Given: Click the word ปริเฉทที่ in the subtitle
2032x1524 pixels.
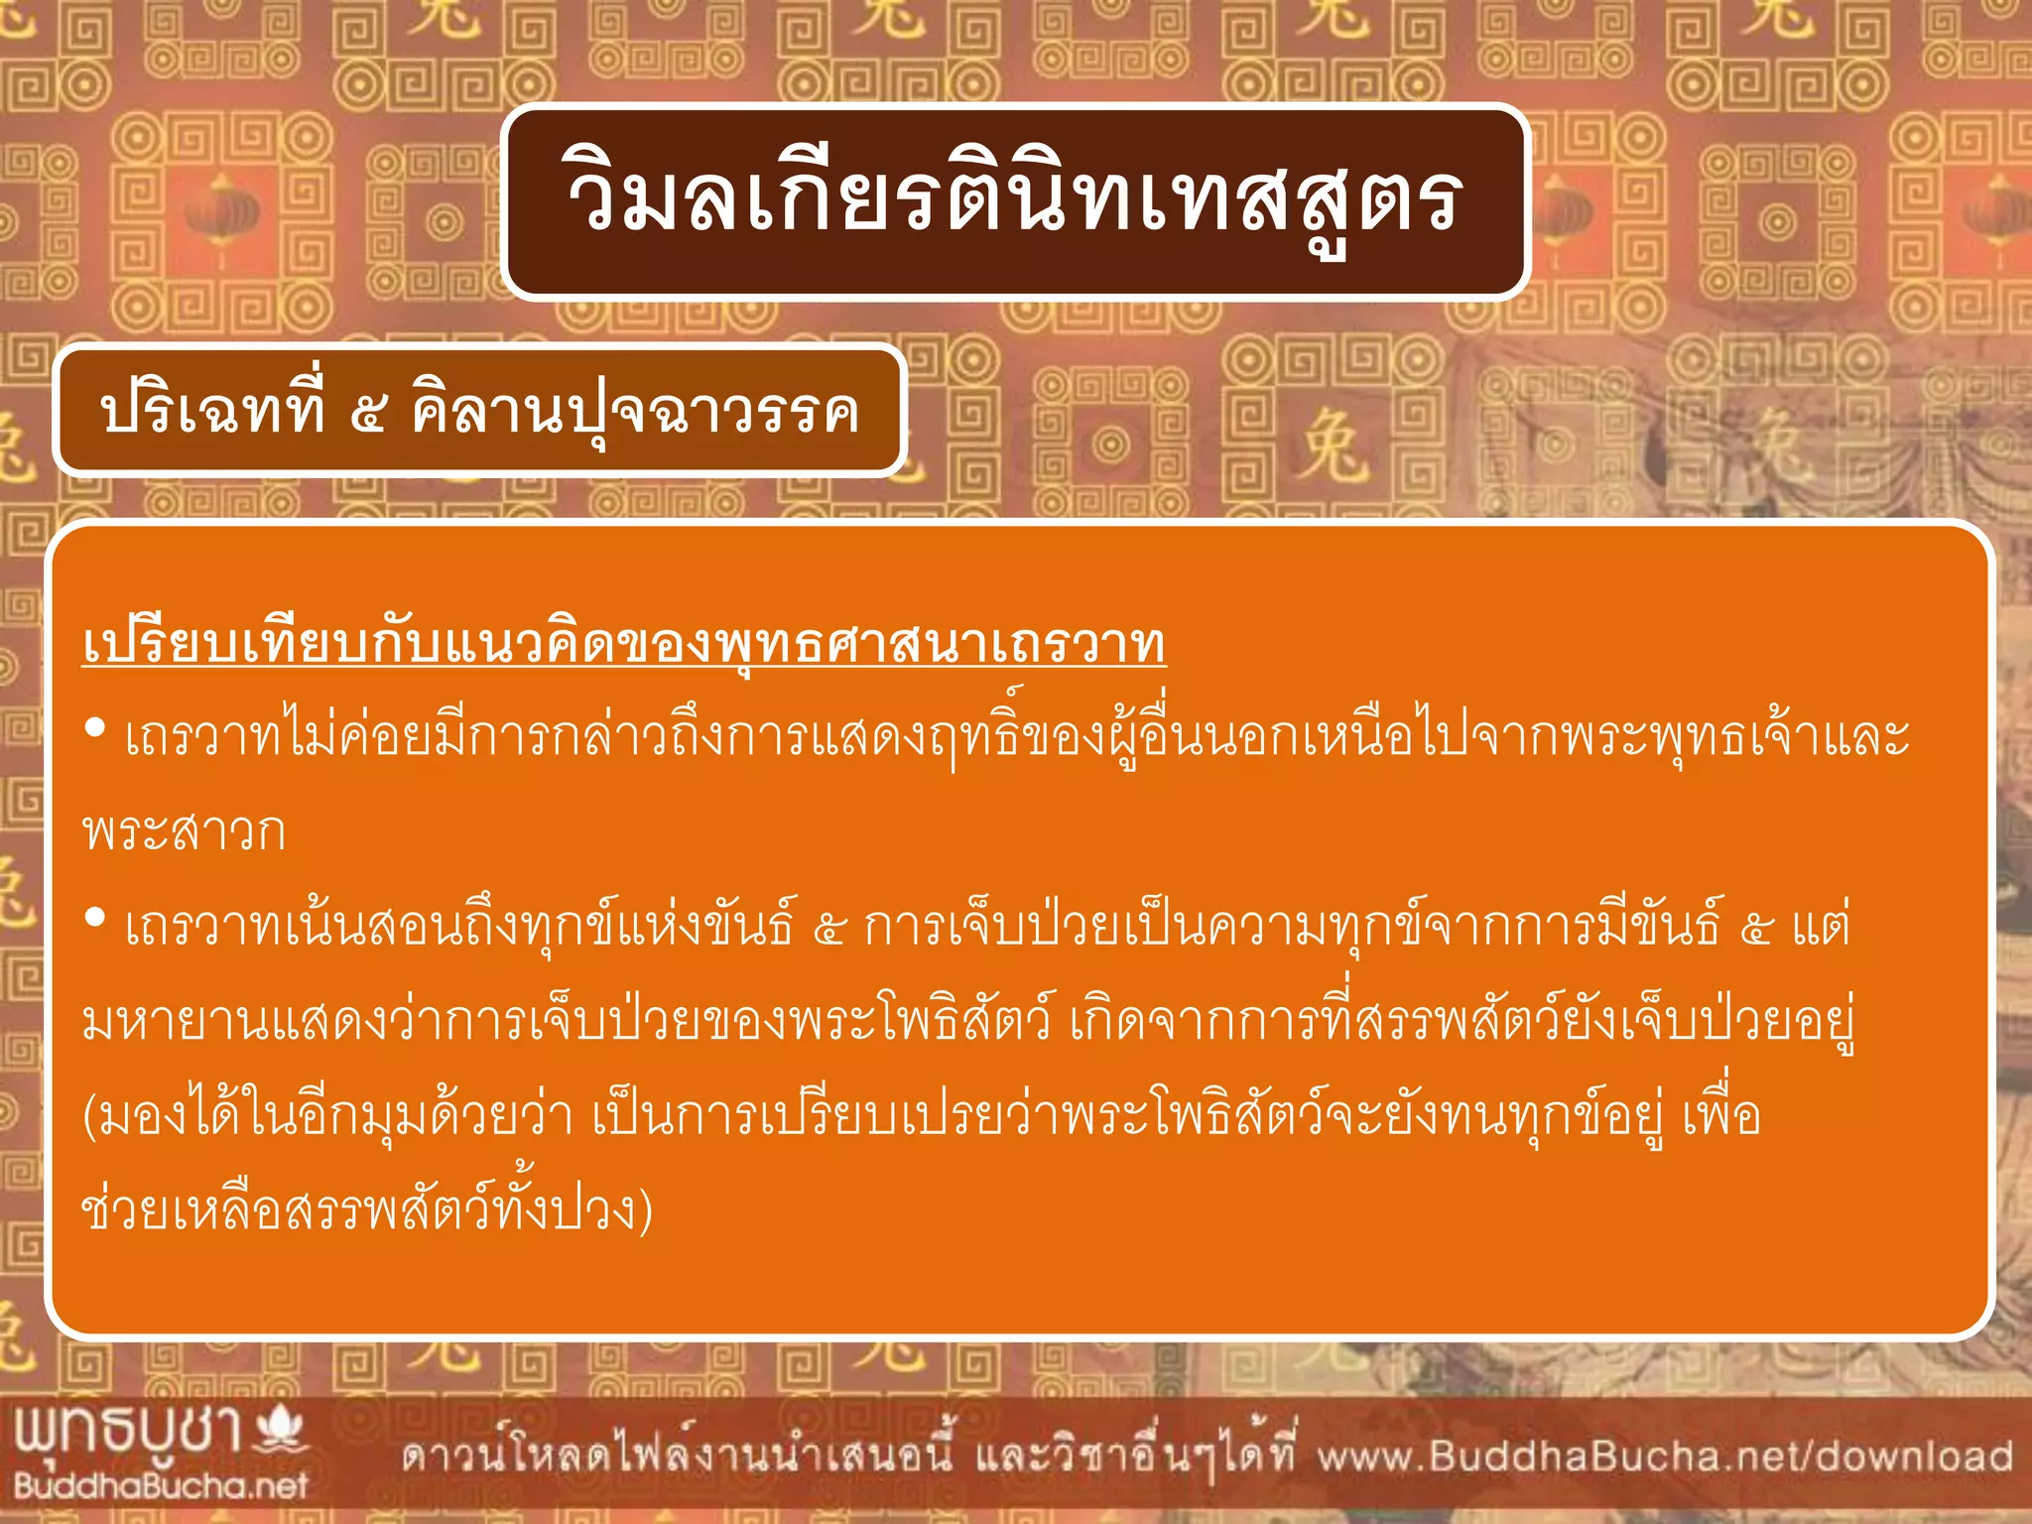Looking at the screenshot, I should pos(212,410).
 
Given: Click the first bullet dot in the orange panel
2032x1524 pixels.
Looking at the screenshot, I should pos(95,729).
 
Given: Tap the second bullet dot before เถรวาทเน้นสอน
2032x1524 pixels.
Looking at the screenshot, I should pos(95,920).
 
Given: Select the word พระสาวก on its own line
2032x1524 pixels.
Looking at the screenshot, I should pos(185,831).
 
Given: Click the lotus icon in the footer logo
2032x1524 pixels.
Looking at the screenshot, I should pos(280,1430).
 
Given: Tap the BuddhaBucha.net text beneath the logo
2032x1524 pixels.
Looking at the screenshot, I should pos(161,1485).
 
